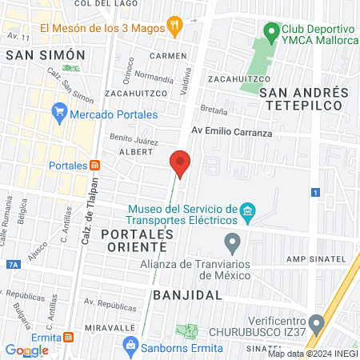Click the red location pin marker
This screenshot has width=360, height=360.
tap(180, 164)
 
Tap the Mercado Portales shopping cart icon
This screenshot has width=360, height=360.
tap(58, 113)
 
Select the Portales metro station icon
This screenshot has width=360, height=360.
tap(94, 165)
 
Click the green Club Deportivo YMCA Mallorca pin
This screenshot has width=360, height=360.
tap(272, 33)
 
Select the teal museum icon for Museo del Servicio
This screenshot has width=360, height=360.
tap(248, 212)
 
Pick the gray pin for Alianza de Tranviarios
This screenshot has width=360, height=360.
tap(232, 241)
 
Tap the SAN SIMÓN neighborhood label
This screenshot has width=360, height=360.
tap(45, 55)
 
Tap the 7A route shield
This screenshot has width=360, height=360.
tap(12, 264)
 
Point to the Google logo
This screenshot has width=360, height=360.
tap(26, 350)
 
